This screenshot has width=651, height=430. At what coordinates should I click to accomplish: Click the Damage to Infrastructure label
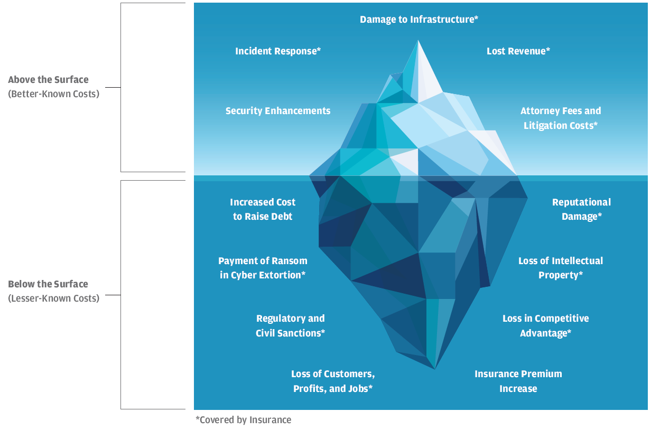(x=419, y=20)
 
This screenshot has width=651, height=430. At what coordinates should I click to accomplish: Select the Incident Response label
(x=278, y=51)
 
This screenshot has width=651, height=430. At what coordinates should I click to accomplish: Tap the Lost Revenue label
(x=518, y=51)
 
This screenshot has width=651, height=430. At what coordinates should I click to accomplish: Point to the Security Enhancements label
(x=278, y=111)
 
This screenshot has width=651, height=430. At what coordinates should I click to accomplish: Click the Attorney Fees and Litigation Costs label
(x=561, y=118)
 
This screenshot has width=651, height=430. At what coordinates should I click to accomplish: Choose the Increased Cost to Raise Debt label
(x=263, y=209)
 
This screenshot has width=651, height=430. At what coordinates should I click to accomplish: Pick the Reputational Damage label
(x=581, y=209)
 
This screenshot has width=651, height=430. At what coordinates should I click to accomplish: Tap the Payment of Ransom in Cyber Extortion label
(x=263, y=268)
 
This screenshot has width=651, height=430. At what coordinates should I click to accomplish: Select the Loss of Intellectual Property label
(x=561, y=268)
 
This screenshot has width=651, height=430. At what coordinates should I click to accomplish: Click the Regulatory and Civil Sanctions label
(x=290, y=326)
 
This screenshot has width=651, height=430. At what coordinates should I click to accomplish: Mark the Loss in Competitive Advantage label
(x=545, y=326)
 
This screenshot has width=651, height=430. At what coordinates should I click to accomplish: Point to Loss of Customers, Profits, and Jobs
(x=333, y=381)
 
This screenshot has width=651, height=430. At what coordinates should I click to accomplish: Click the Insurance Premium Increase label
(x=518, y=381)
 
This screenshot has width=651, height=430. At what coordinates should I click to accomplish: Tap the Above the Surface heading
(x=48, y=80)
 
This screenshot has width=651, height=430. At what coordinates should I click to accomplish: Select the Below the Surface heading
(x=48, y=284)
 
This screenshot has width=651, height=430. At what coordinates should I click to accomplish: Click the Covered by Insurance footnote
(x=243, y=420)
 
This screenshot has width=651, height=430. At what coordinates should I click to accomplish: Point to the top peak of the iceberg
(x=418, y=42)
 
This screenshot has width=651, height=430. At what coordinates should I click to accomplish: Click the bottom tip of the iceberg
(x=435, y=368)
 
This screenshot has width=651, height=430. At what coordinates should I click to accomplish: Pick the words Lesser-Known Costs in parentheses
(x=53, y=298)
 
